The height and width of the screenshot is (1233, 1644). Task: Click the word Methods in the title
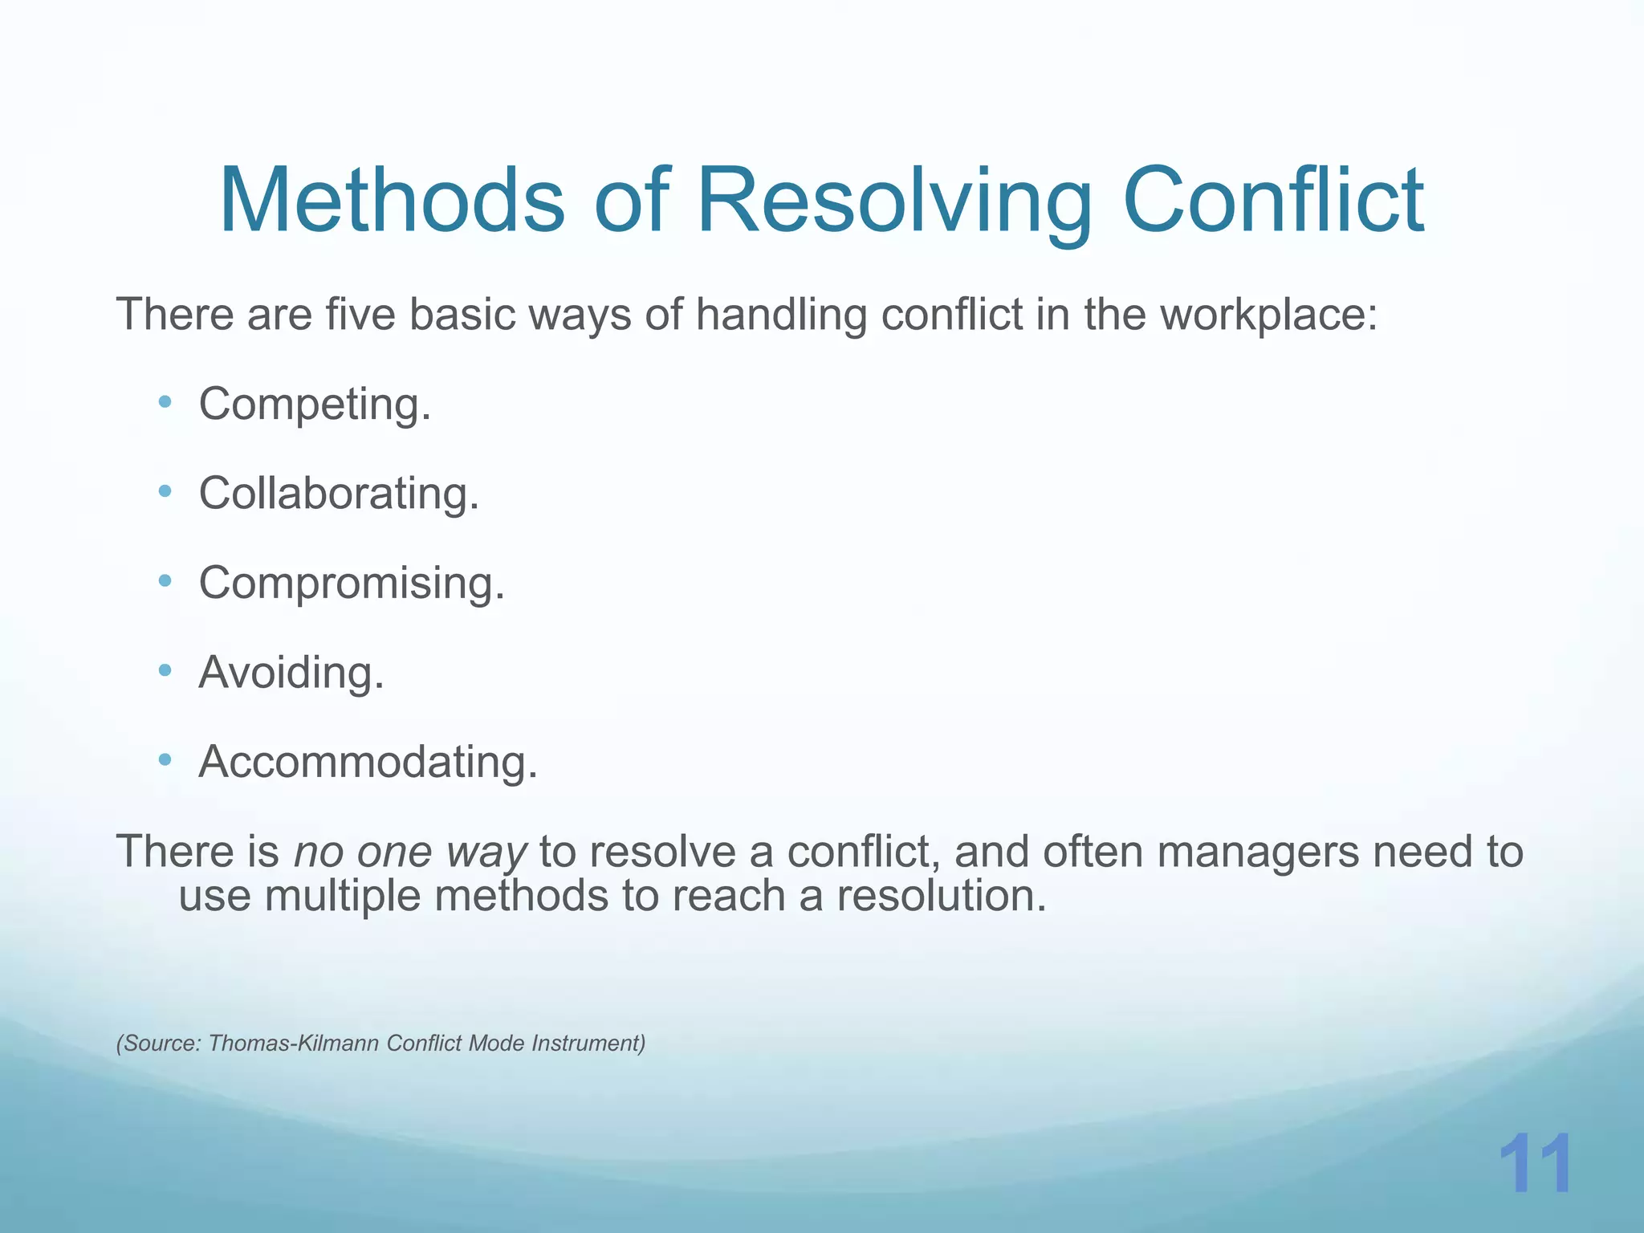coord(392,200)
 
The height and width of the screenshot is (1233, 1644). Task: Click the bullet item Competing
coord(315,404)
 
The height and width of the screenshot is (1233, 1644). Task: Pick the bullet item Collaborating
coord(339,493)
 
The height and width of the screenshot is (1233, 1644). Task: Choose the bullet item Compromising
coord(352,583)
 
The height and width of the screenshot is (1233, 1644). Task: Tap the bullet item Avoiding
coord(291,672)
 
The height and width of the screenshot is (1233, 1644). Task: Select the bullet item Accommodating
coord(368,762)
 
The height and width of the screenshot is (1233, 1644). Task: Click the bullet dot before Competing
coord(165,401)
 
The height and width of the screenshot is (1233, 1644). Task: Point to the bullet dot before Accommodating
coord(165,759)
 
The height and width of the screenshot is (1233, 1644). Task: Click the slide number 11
coord(1535,1165)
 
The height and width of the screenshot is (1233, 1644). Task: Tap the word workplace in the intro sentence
coord(1268,315)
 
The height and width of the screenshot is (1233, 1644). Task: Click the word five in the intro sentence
coord(360,314)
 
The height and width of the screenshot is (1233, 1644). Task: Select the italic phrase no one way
coord(410,853)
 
